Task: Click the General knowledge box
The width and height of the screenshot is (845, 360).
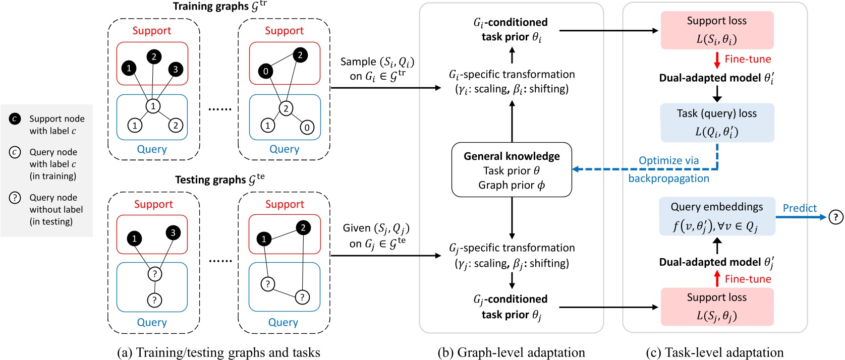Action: (512, 170)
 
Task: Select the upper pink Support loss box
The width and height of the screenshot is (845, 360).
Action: (716, 30)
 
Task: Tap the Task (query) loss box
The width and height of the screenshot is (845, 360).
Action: (716, 123)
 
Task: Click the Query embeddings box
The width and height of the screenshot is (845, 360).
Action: (716, 216)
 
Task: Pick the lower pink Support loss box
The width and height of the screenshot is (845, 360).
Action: (716, 307)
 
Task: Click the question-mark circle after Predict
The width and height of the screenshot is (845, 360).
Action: (835, 217)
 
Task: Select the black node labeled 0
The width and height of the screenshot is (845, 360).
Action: (266, 72)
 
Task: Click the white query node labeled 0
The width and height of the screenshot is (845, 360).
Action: (307, 128)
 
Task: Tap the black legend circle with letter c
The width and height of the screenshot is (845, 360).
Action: (15, 119)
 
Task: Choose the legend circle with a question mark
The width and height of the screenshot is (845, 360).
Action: (15, 198)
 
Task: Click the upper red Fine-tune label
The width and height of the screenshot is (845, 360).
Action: (748, 59)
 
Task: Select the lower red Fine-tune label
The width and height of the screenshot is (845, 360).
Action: (748, 279)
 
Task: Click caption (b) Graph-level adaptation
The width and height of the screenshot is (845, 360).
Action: (511, 352)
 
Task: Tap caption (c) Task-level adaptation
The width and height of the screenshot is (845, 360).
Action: (714, 352)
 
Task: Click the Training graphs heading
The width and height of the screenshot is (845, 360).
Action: (219, 7)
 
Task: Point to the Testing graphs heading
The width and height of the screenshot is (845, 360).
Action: (219, 179)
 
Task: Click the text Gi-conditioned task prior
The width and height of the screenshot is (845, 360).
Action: (511, 29)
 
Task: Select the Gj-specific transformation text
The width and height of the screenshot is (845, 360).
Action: (512, 255)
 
